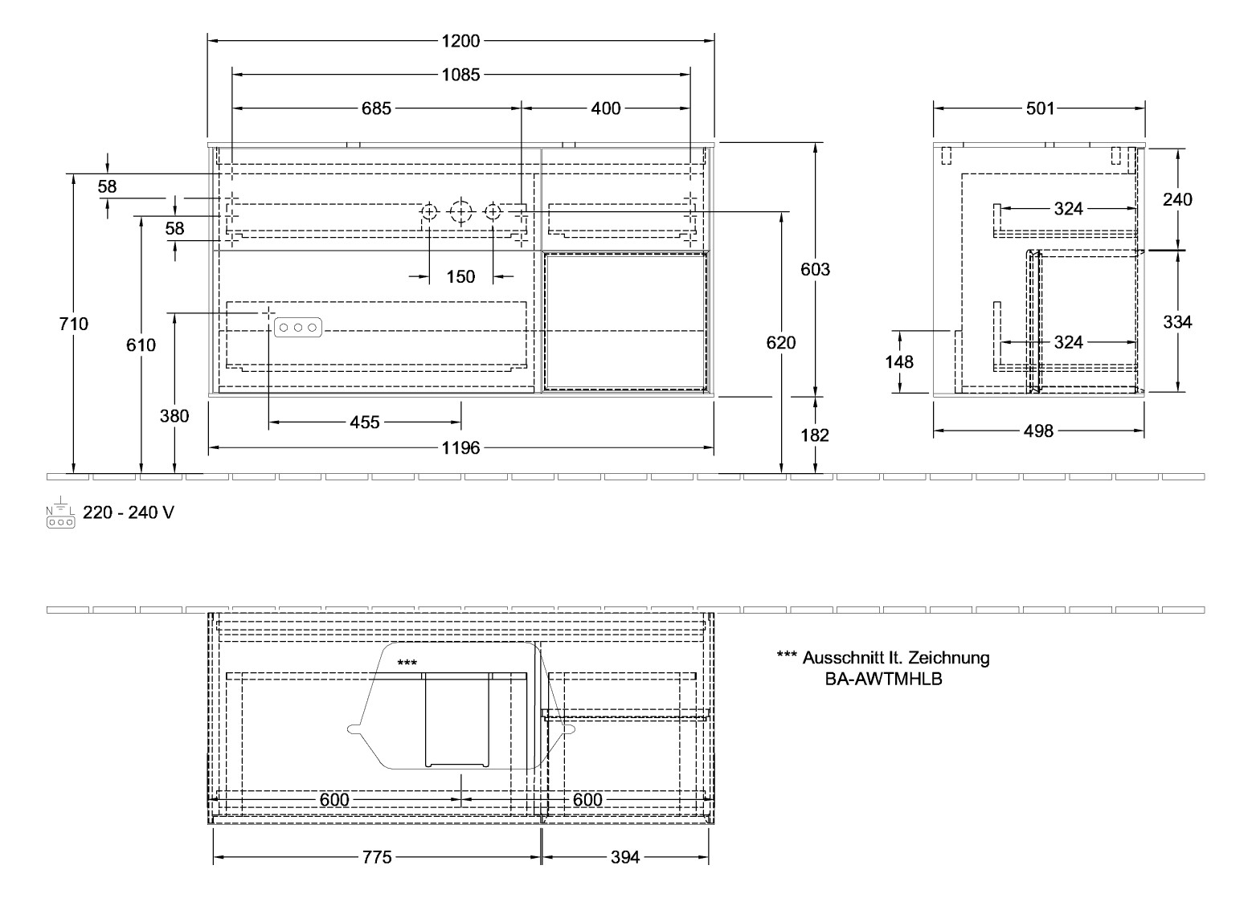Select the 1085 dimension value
(x=460, y=75)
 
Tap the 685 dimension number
(x=375, y=108)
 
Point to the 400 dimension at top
(x=605, y=108)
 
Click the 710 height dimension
(x=74, y=325)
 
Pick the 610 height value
(x=141, y=345)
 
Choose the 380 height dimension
(x=174, y=416)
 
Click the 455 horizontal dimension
(x=364, y=422)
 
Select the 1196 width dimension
(x=460, y=448)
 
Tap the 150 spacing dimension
(x=460, y=277)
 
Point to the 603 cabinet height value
(x=816, y=270)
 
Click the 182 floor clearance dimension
(x=816, y=435)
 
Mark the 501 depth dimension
(x=1039, y=108)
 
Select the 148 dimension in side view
(x=899, y=362)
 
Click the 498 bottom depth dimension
(x=1038, y=432)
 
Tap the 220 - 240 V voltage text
(x=128, y=512)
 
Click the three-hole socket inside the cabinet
(x=298, y=328)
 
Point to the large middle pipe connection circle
(x=460, y=212)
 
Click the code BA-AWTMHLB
(x=883, y=679)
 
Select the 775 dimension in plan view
(x=376, y=858)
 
